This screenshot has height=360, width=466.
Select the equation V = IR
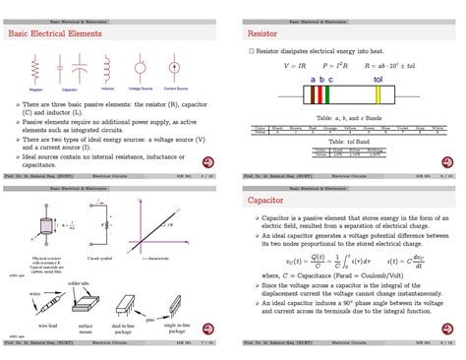(x=296, y=66)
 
